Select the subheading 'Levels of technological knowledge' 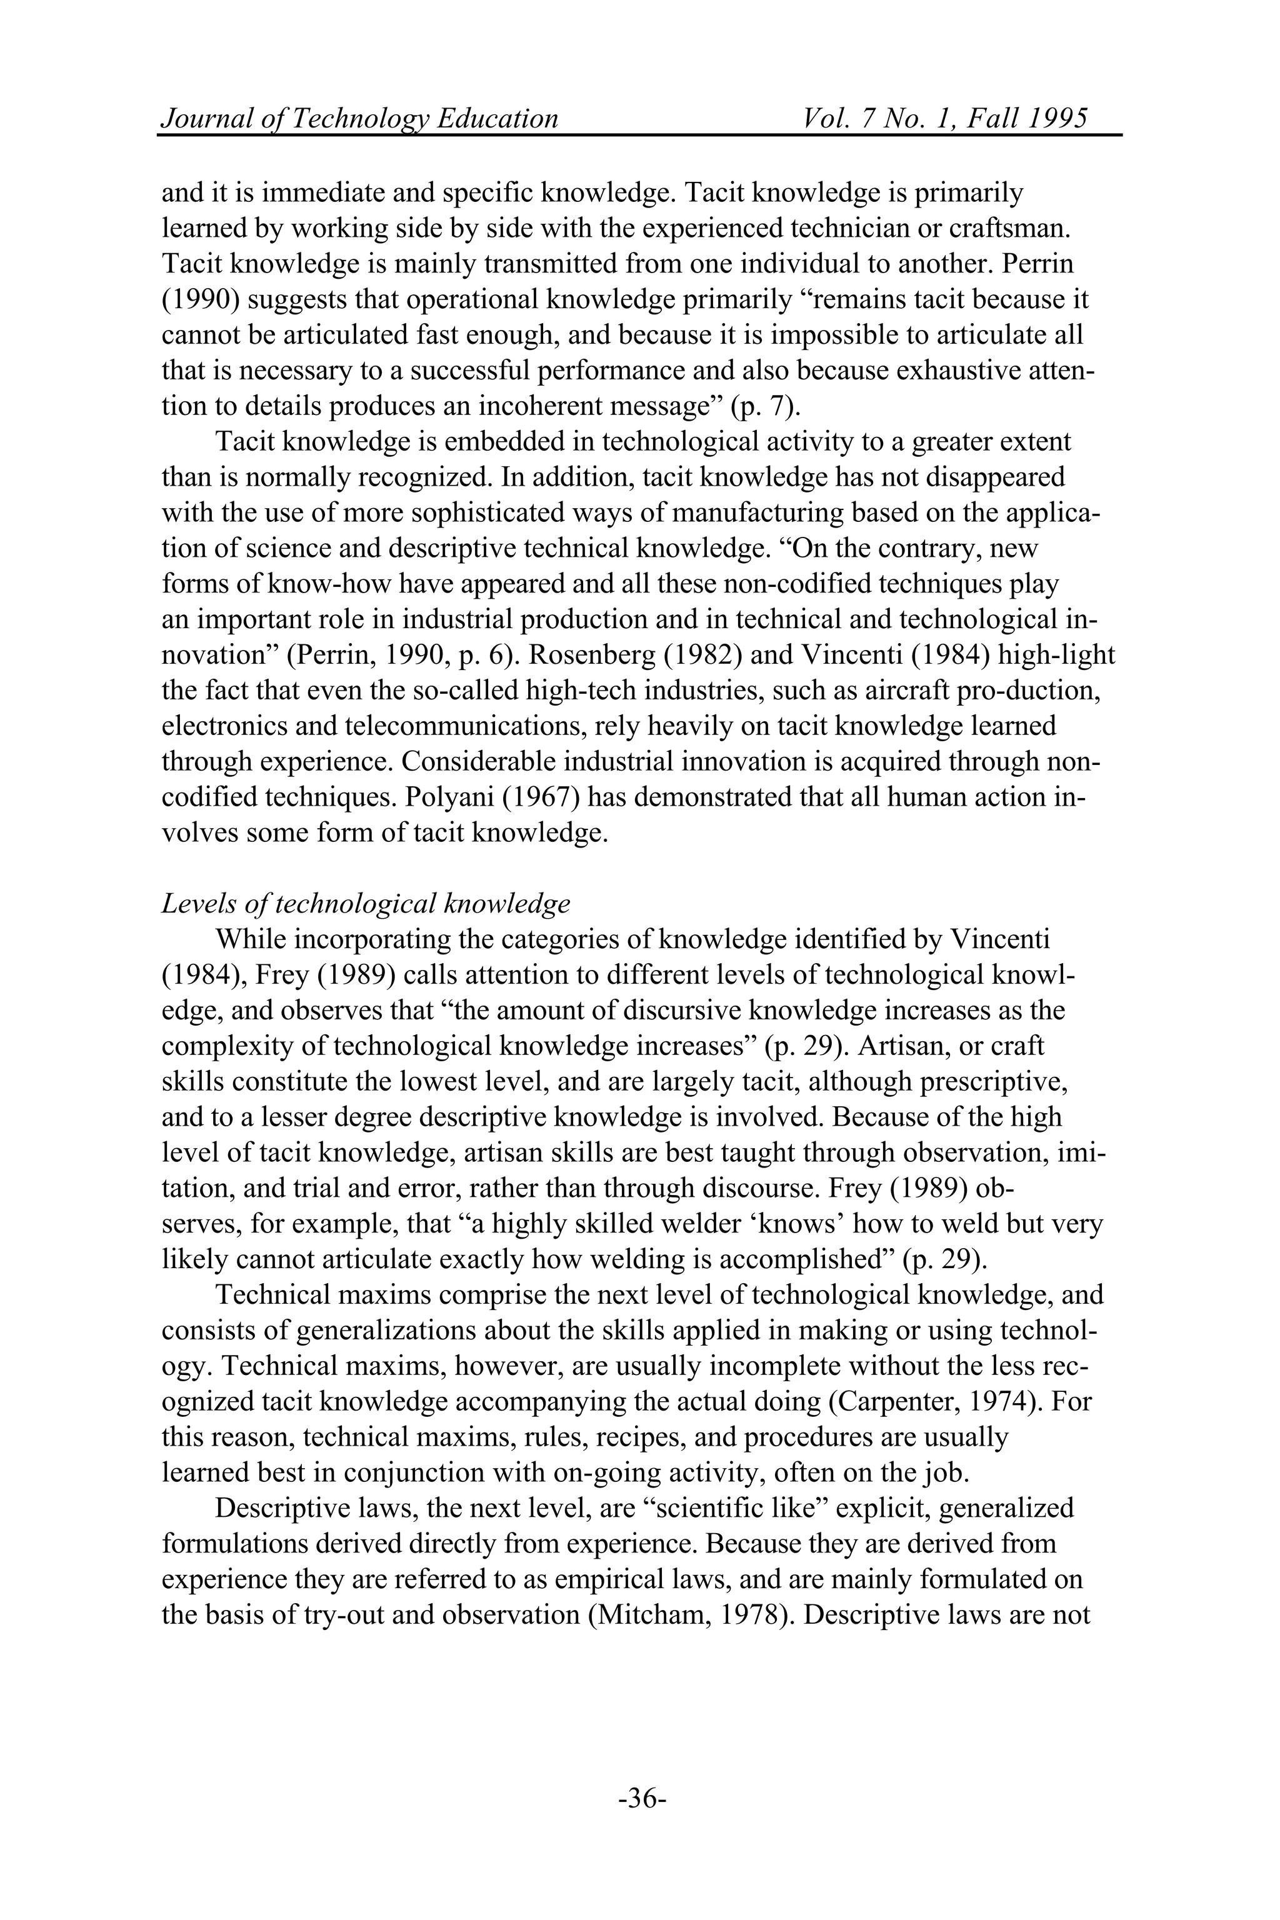(365, 904)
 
